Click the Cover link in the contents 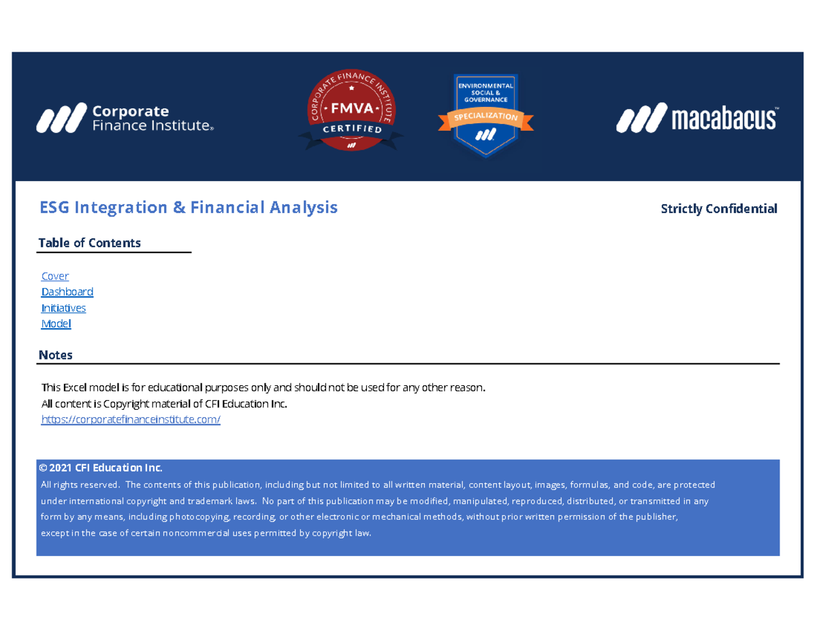[x=55, y=276]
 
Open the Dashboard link [x=67, y=292]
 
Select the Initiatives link [x=63, y=308]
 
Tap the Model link [x=56, y=324]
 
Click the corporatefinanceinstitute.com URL [x=131, y=420]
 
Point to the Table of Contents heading [x=90, y=243]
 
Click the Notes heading [x=56, y=355]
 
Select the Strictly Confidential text [x=719, y=209]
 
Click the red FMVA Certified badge [x=351, y=112]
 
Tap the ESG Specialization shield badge [x=485, y=114]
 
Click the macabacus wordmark [x=724, y=118]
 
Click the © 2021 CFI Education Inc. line [x=101, y=468]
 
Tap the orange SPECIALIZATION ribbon [x=485, y=118]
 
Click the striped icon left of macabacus [x=640, y=118]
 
